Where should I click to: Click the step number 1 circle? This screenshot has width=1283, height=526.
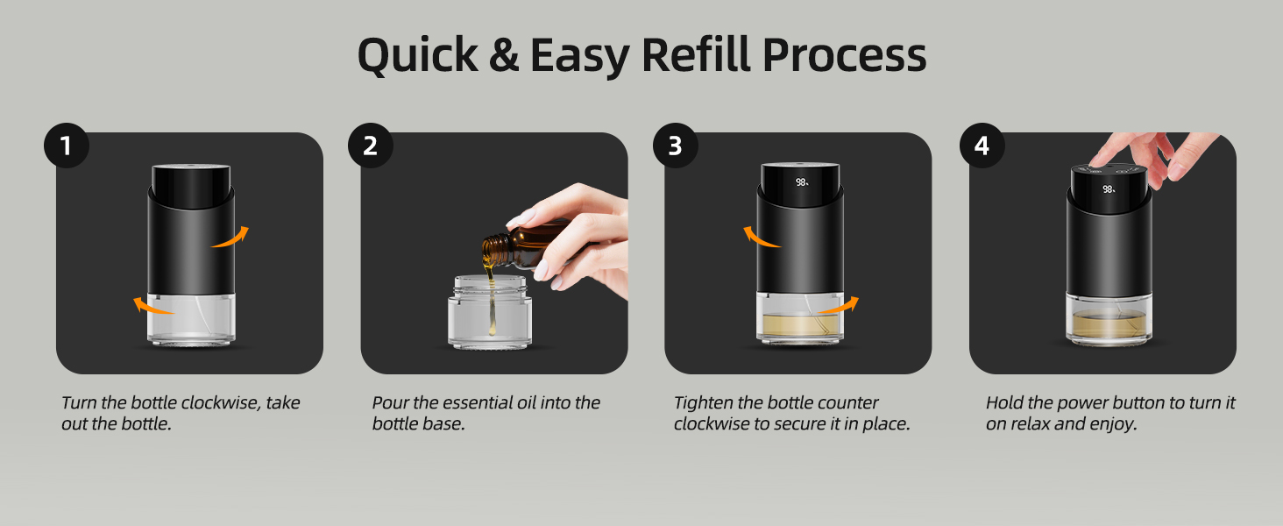(x=67, y=146)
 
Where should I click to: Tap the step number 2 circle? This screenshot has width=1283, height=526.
(x=371, y=146)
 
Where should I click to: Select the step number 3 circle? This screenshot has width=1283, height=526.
(x=676, y=146)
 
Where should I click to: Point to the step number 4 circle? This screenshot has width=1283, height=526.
(x=982, y=146)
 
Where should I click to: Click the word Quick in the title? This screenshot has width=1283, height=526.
(x=417, y=55)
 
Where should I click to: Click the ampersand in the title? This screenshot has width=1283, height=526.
(x=503, y=55)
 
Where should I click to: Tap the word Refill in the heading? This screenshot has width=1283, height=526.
(x=695, y=54)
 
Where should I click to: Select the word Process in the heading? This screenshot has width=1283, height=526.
(x=844, y=55)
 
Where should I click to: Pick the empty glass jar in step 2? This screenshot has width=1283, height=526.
(x=490, y=312)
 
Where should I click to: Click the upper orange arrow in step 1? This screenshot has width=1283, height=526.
(x=230, y=238)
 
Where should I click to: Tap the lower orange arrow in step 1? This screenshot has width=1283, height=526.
(x=153, y=306)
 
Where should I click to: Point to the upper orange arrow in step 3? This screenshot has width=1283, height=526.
(x=762, y=238)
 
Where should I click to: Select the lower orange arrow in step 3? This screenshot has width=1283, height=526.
(x=838, y=306)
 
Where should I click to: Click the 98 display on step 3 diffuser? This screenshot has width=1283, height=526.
(x=801, y=182)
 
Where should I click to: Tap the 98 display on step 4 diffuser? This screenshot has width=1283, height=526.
(x=1109, y=189)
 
